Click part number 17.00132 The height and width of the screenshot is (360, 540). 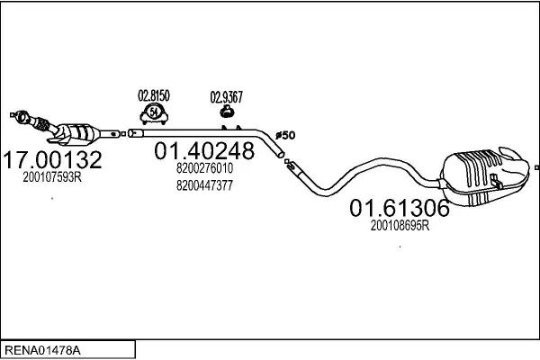52,160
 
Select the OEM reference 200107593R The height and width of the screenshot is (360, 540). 52,177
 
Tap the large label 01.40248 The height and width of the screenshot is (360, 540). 204,150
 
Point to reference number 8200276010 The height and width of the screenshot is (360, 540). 204,168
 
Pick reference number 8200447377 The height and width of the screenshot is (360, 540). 204,185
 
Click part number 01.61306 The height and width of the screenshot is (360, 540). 400,208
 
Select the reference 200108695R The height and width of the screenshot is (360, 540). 400,226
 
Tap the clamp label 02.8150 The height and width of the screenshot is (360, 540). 154,95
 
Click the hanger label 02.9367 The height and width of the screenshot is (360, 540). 226,97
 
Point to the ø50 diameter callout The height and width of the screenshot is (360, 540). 285,135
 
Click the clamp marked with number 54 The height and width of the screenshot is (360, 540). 154,113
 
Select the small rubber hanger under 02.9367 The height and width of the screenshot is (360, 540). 227,112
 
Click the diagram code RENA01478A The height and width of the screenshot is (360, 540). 42,351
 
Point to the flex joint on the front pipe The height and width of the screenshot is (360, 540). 42,124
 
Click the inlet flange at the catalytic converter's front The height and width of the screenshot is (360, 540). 22,116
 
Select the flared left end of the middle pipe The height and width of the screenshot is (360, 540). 135,133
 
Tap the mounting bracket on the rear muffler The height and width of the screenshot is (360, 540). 495,181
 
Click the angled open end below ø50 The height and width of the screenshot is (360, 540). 280,154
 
